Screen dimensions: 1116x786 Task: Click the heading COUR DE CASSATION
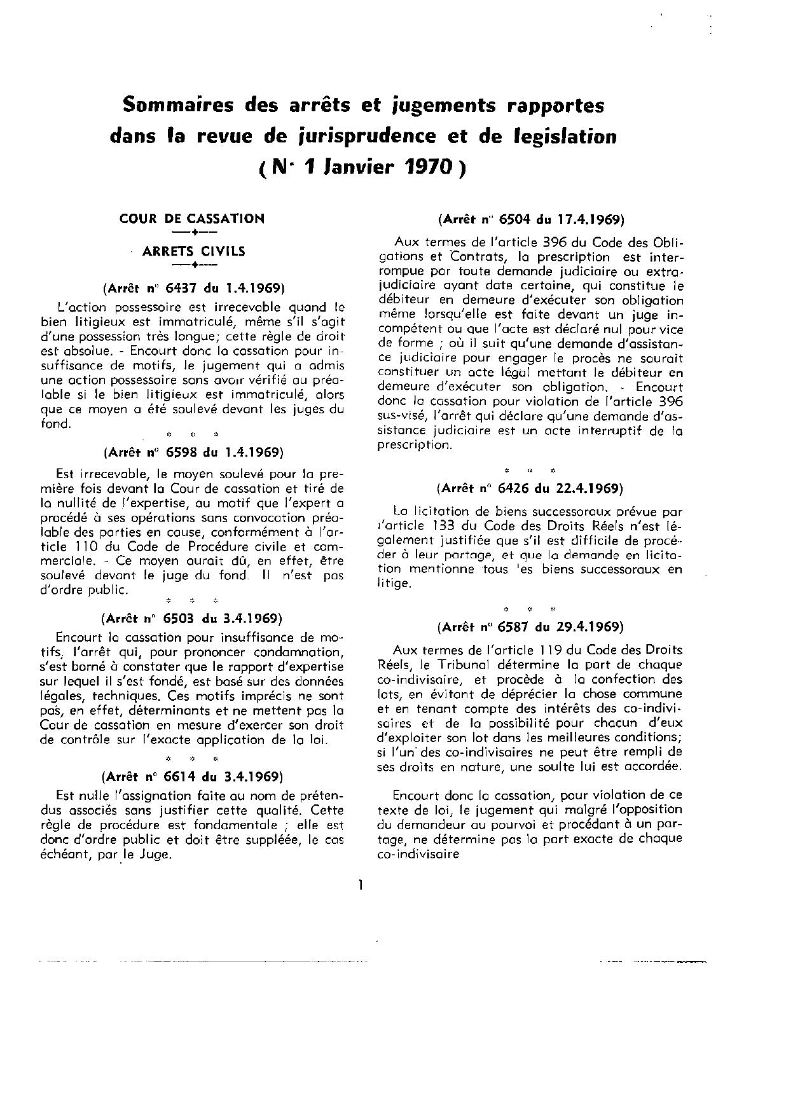point(191,219)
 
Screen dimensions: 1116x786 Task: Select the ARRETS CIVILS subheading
point(193,251)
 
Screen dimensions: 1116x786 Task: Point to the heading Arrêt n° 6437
point(191,286)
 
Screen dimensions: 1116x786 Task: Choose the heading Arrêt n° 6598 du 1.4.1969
point(191,453)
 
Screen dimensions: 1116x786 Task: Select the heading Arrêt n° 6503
point(191,618)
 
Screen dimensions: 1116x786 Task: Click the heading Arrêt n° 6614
point(191,776)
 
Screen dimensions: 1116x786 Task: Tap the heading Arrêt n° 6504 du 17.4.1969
point(531,220)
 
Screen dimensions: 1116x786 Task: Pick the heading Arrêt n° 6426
point(531,488)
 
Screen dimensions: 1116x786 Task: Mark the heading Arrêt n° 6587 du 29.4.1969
point(531,626)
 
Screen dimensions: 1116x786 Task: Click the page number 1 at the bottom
point(361,884)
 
